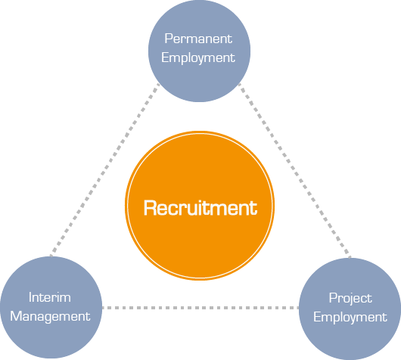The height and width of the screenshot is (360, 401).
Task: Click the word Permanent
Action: click(198, 39)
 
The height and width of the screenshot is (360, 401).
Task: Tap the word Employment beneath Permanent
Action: click(198, 58)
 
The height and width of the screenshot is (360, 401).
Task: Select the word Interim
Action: click(50, 297)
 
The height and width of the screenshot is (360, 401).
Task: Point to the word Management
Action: click(50, 317)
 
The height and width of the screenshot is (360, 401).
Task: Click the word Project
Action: click(350, 299)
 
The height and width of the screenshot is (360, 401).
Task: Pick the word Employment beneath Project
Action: click(350, 318)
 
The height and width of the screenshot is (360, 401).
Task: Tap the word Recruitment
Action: click(201, 208)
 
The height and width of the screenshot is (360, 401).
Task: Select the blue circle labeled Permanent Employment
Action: click(199, 51)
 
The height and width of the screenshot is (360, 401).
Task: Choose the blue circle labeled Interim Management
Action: click(51, 308)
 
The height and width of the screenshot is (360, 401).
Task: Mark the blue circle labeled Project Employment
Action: click(350, 309)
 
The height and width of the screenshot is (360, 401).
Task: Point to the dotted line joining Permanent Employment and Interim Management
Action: click(105, 169)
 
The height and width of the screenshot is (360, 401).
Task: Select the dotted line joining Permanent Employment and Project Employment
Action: click(294, 170)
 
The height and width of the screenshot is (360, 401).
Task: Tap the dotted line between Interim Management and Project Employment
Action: click(201, 308)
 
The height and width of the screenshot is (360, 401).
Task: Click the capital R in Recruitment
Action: click(149, 208)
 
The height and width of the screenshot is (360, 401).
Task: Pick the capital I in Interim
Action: click(30, 297)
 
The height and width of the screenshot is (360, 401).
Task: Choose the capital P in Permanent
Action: click(169, 39)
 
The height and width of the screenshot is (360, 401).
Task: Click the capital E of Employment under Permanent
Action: click(165, 57)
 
